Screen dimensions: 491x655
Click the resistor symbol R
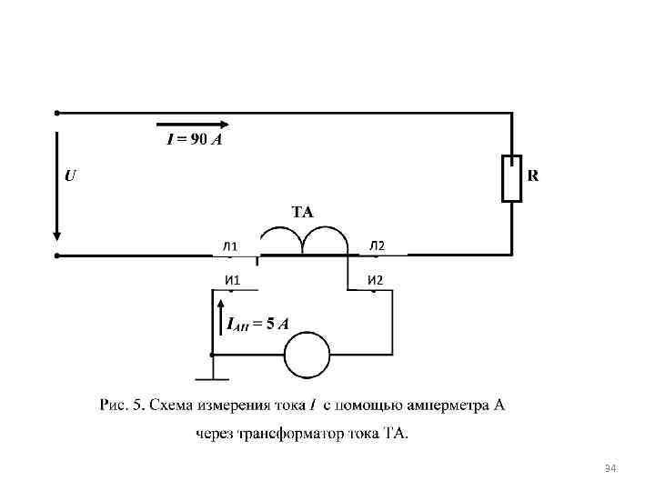(512, 178)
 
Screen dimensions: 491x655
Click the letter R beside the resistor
(533, 175)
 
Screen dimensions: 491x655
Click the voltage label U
(70, 175)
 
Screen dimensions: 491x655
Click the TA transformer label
(302, 212)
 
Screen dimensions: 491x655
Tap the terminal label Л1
(230, 246)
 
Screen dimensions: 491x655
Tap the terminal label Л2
(377, 245)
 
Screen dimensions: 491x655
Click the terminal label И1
(232, 279)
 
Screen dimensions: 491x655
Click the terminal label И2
(375, 279)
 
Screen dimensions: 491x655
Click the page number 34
(610, 468)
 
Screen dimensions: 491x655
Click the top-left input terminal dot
(56, 113)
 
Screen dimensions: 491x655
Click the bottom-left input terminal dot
(56, 256)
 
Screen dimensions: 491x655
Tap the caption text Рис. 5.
(121, 405)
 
